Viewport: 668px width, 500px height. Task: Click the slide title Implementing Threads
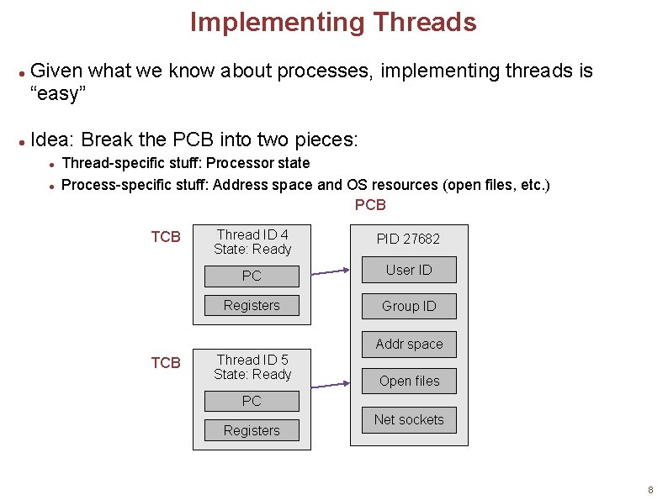click(333, 22)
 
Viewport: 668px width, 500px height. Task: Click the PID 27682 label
click(408, 239)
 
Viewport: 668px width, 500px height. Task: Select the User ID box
click(409, 270)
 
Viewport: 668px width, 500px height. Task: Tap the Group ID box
click(409, 306)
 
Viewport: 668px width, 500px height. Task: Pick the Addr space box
click(409, 344)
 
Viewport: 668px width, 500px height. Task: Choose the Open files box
click(409, 381)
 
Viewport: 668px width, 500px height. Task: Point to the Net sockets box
click(409, 419)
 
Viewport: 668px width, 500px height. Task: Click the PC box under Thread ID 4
click(252, 276)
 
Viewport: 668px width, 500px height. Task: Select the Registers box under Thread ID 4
click(252, 305)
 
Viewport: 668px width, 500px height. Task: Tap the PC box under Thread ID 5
click(252, 401)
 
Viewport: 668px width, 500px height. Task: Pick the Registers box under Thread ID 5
click(252, 430)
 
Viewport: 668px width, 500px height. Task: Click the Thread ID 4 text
click(252, 234)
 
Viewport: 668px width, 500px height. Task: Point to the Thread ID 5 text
click(252, 360)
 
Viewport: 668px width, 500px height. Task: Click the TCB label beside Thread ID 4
click(166, 237)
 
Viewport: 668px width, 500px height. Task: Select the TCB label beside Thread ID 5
click(166, 363)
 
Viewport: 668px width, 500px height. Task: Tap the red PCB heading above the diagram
click(370, 205)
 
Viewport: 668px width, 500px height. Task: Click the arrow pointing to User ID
click(329, 271)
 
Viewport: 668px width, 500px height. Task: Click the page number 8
click(650, 490)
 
